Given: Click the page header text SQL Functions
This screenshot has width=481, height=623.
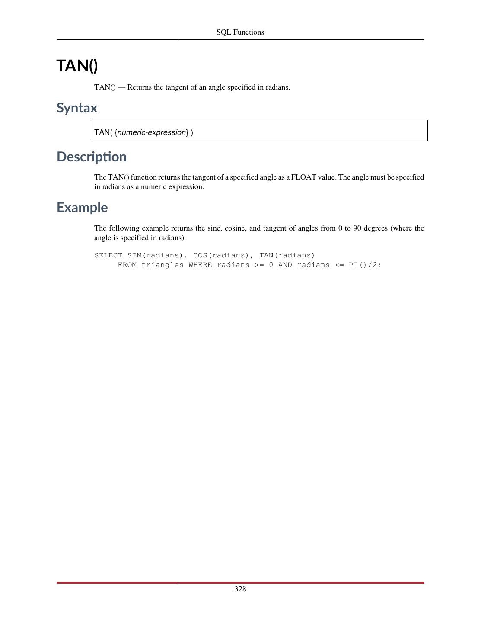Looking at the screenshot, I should point(240,32).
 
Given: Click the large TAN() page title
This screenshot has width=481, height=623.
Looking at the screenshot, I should point(77,66).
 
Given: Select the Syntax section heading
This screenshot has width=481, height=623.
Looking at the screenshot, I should point(77,108).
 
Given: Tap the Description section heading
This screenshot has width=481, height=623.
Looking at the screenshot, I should point(92,157).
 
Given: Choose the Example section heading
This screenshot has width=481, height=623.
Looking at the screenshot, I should point(82,207).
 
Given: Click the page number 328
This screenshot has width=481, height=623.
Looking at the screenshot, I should point(240,589).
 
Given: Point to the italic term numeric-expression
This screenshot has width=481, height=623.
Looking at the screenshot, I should point(152,132).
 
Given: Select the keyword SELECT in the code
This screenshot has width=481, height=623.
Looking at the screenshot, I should point(108,255).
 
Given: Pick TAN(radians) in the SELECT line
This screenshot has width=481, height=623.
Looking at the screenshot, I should point(287,255).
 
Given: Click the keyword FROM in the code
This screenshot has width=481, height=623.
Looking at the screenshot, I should point(127,265).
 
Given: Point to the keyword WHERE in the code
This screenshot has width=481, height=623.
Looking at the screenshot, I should point(200,265).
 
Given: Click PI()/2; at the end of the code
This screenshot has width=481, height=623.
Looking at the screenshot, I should point(365,265).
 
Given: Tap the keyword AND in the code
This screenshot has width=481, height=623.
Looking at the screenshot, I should point(285,265).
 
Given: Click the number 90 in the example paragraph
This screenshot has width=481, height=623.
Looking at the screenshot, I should point(357,228).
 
